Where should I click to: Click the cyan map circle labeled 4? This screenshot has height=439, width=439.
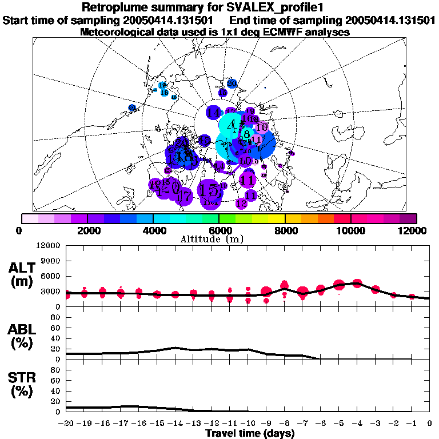[231, 125]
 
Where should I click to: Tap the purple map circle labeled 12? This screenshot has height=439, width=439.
[241, 203]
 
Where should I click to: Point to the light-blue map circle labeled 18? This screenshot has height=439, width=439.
[164, 93]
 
